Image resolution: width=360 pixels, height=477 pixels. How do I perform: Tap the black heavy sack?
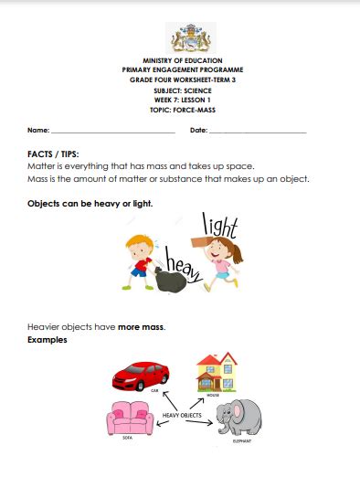point(170,280)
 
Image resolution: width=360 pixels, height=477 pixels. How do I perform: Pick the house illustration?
point(217,371)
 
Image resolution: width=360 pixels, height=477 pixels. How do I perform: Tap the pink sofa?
point(129,419)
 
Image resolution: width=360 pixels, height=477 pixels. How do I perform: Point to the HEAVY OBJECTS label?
point(183,416)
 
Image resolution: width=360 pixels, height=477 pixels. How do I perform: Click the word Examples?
point(48,340)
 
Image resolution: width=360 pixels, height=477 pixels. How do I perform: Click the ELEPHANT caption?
point(242,440)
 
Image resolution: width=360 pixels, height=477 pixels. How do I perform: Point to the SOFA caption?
point(128,439)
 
